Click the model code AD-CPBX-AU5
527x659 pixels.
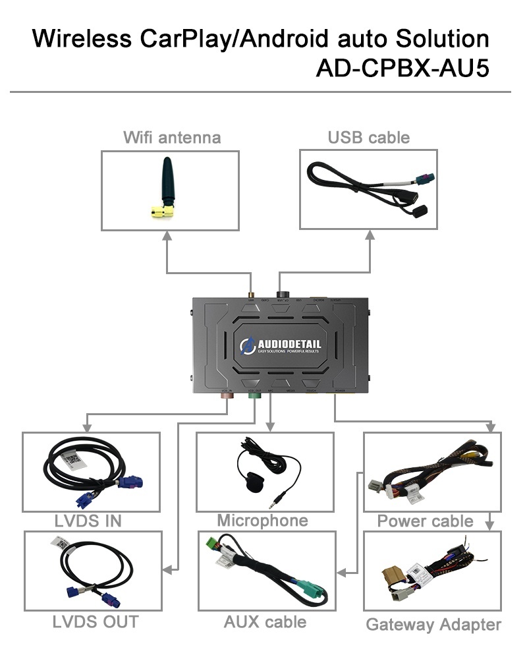coord(402,69)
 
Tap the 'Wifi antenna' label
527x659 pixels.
coord(172,137)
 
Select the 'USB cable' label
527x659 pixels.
coord(368,137)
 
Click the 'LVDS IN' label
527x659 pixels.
coord(88,521)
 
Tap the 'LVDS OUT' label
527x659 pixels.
coord(96,621)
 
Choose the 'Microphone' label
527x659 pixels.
coord(262,521)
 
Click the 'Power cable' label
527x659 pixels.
coord(425,521)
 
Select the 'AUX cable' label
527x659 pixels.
coord(265,621)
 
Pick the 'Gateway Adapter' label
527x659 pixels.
coord(433,624)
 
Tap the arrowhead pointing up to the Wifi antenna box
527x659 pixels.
coord(167,236)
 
